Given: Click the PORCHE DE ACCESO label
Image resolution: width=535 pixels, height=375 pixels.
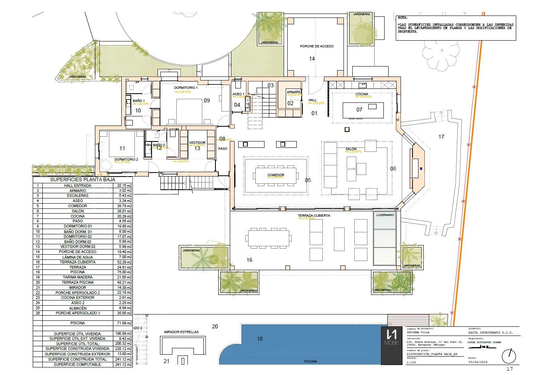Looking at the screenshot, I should pyautogui.click(x=317, y=46).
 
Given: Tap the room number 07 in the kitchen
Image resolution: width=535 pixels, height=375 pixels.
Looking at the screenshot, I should pyautogui.click(x=359, y=110).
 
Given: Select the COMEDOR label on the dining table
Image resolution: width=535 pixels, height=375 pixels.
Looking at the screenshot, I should pyautogui.click(x=276, y=175).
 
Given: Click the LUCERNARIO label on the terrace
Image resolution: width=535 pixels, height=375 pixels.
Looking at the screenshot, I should pyautogui.click(x=385, y=215).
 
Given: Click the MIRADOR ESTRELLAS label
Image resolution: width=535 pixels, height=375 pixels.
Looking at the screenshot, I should pyautogui.click(x=181, y=332).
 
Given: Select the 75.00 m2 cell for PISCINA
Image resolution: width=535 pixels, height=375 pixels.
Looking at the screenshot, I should pyautogui.click(x=124, y=272).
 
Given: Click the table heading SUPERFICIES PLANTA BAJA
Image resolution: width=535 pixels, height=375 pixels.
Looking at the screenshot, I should pyautogui.click(x=83, y=180).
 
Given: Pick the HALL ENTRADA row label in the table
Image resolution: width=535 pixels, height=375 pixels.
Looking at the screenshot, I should pyautogui.click(x=77, y=186).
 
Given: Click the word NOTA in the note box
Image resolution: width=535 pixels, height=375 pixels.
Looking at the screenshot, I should pyautogui.click(x=403, y=18).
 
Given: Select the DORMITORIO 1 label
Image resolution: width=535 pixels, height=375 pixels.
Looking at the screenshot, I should pyautogui.click(x=186, y=87).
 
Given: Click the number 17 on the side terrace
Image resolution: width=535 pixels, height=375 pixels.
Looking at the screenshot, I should pyautogui.click(x=441, y=137).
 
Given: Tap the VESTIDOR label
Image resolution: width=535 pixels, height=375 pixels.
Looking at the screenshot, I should pyautogui.click(x=197, y=143).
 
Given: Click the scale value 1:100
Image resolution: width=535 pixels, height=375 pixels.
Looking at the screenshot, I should pyautogui.click(x=411, y=362).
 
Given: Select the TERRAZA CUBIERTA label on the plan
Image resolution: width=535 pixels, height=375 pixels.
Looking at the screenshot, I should pyautogui.click(x=314, y=216).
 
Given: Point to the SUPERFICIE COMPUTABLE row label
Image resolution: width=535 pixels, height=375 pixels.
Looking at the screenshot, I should pyautogui.click(x=77, y=364).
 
